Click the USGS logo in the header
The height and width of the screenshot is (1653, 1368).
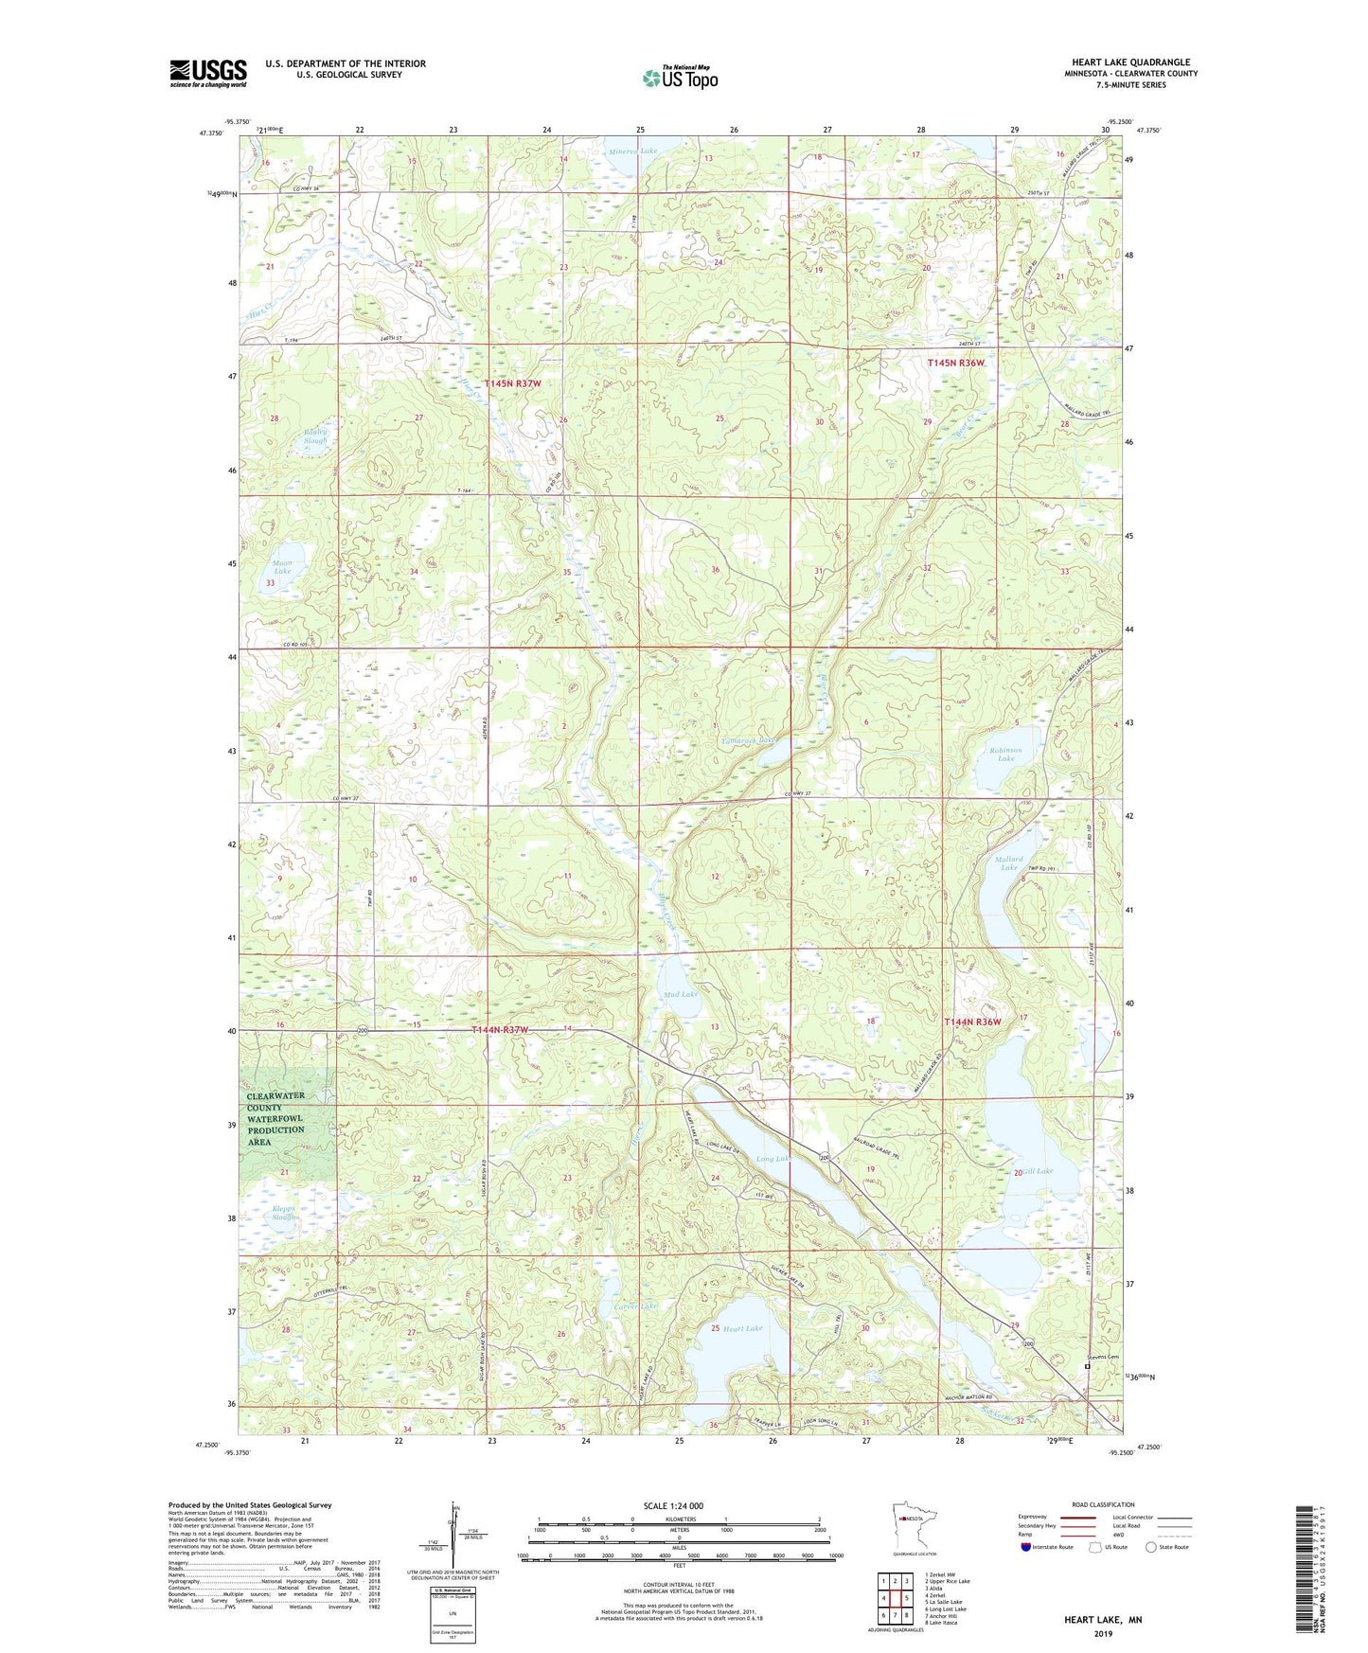point(207,73)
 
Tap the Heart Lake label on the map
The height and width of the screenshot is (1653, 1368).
point(742,1328)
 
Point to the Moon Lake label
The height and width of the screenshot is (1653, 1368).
point(283,567)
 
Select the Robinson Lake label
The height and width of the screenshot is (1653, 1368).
point(1005,755)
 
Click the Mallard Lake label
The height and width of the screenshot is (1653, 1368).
point(1008,863)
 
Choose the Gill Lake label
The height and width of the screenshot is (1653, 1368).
point(1038,1171)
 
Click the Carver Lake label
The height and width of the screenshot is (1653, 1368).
point(635,1306)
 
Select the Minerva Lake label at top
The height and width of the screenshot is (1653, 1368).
point(633,151)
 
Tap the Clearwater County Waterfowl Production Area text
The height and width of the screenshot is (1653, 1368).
point(275,1119)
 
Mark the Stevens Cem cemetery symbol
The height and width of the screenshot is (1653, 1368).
point(1087,1366)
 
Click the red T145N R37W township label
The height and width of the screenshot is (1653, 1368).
point(512,383)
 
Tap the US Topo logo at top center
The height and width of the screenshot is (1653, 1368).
point(680,78)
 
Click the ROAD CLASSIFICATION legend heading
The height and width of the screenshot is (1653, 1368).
point(1103,1504)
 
